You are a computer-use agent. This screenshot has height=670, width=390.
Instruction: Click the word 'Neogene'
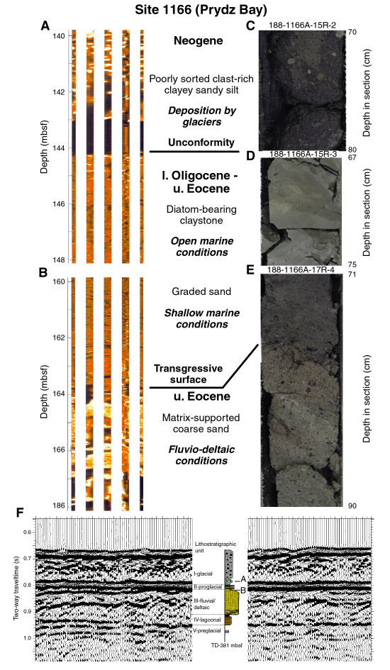point(199,41)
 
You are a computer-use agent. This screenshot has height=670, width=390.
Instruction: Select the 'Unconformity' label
point(201,143)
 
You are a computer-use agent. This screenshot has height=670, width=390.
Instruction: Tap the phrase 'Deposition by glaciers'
point(201,116)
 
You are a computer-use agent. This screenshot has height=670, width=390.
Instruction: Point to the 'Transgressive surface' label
point(188,374)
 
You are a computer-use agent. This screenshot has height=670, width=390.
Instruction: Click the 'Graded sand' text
point(201,292)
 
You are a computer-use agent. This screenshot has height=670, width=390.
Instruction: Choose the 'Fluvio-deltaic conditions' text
point(201,455)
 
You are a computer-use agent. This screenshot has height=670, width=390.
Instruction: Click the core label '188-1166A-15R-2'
point(303,26)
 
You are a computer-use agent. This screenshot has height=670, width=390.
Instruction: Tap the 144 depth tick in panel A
point(59,148)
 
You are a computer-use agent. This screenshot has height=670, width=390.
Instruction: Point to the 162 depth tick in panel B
point(59,338)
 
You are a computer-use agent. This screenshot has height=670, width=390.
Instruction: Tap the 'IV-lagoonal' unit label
point(207,620)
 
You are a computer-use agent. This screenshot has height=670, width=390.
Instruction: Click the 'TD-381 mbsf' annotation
point(227,645)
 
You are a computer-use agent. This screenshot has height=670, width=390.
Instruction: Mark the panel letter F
point(20,513)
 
